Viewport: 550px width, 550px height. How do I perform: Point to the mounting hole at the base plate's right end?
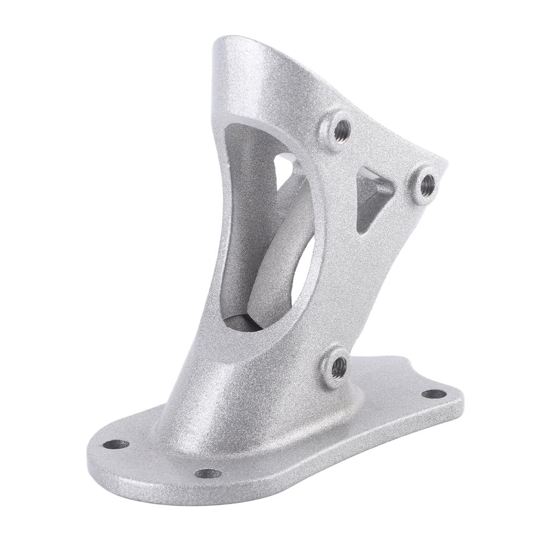tap(433, 394)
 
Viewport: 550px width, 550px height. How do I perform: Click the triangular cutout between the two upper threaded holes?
tap(372, 201)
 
